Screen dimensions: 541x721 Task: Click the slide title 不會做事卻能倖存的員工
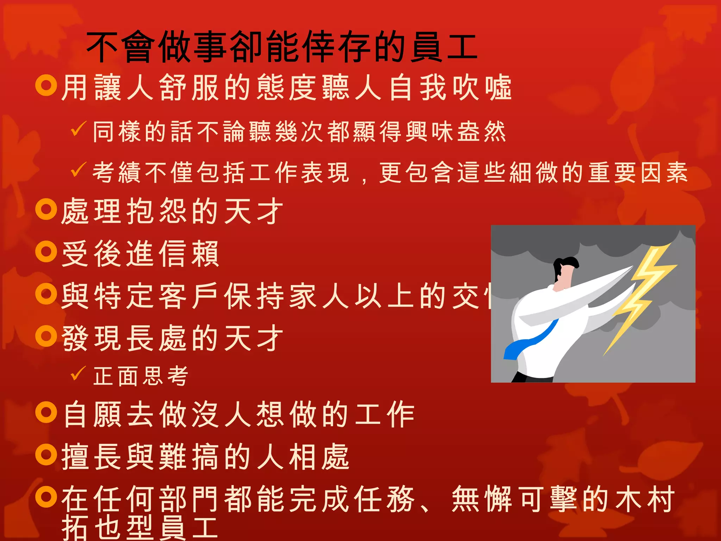tap(282, 47)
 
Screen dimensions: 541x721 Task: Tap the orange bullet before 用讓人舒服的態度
tap(46, 85)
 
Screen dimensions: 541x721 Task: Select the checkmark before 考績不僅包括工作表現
tap(78, 170)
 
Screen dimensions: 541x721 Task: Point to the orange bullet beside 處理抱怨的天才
tap(46, 209)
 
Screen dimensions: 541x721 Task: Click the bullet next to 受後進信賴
tap(46, 251)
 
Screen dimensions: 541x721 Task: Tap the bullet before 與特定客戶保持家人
tap(46, 294)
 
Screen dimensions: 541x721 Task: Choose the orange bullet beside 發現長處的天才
tap(46, 336)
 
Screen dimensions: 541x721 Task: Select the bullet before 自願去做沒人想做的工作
tap(46, 412)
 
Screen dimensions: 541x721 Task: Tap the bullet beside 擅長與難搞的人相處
tap(46, 455)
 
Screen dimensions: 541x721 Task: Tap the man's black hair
tap(565, 264)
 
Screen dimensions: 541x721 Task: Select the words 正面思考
tap(141, 376)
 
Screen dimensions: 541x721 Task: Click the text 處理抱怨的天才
tap(173, 211)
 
